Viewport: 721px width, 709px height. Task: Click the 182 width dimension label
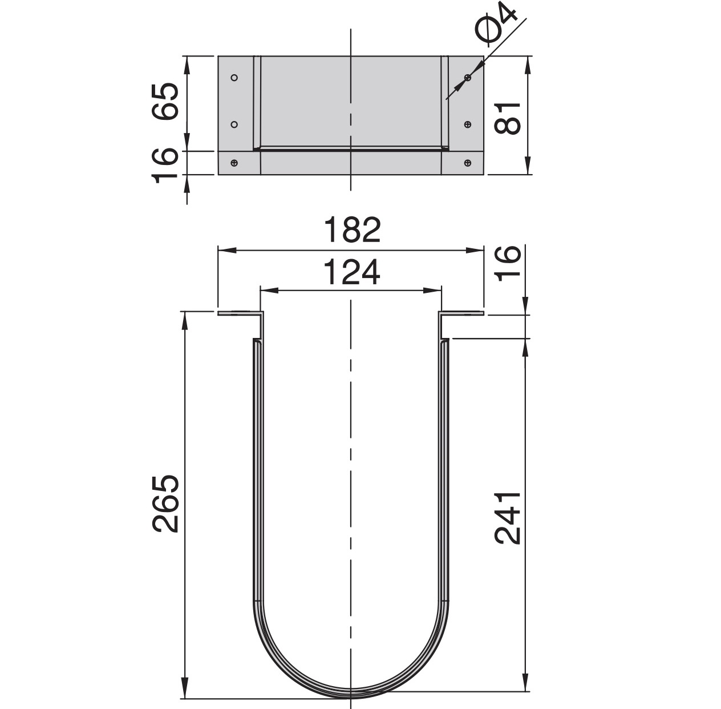(x=351, y=230)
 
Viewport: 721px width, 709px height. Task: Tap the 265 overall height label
(x=167, y=503)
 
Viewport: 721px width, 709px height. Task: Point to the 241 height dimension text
(x=508, y=517)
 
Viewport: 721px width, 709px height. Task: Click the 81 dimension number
(x=507, y=118)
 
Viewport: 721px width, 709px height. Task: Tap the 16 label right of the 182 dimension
(x=507, y=262)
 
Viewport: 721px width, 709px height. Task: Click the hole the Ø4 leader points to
(x=468, y=77)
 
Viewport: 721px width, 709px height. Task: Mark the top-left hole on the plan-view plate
(x=234, y=77)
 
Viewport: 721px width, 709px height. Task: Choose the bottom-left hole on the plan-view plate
(x=234, y=163)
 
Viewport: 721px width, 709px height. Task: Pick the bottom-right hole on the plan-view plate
(x=468, y=163)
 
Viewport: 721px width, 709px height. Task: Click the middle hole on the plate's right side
(x=468, y=124)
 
